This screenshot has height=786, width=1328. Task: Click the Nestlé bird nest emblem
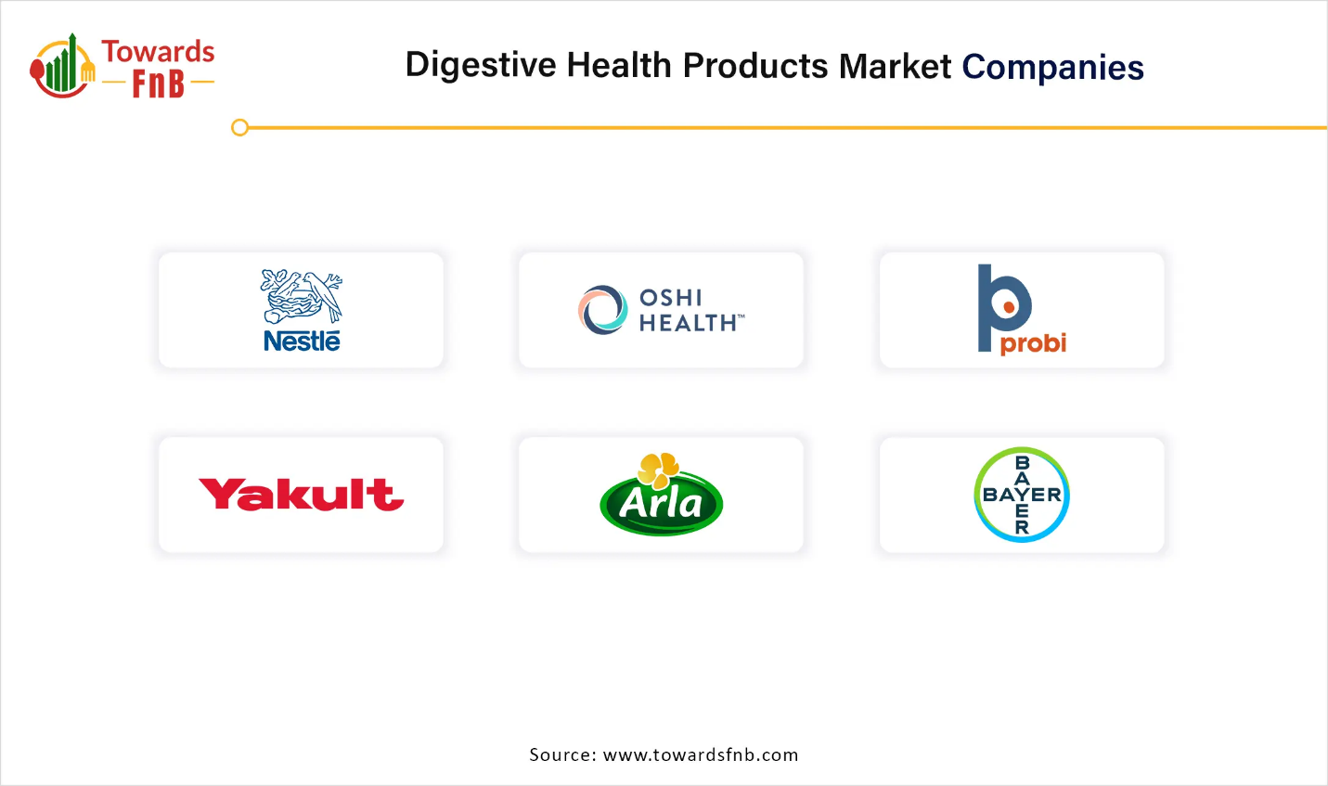coord(302,296)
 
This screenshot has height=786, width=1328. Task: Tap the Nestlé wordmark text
coord(302,341)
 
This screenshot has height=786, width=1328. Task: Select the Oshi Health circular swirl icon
coord(602,309)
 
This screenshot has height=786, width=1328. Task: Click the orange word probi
coord(1033,343)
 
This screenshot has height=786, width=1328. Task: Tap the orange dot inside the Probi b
coord(1008,307)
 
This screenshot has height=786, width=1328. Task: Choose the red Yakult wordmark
coord(302,495)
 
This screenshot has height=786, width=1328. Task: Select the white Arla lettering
coord(661,505)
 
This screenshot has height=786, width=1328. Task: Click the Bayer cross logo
coord(1022,495)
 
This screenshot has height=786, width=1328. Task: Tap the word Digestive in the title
coord(481,65)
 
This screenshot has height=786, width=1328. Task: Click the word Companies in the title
coord(1053,67)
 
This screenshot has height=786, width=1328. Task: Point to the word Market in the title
coord(895,65)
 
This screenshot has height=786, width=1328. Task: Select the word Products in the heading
coord(755,65)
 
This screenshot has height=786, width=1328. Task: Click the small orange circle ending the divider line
coord(239,127)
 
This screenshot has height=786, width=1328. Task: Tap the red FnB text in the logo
coord(159,84)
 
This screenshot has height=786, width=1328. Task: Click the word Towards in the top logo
coord(158,52)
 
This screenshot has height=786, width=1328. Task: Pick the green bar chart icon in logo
coord(61,63)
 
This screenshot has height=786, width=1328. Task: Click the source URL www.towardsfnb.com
coord(701,754)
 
